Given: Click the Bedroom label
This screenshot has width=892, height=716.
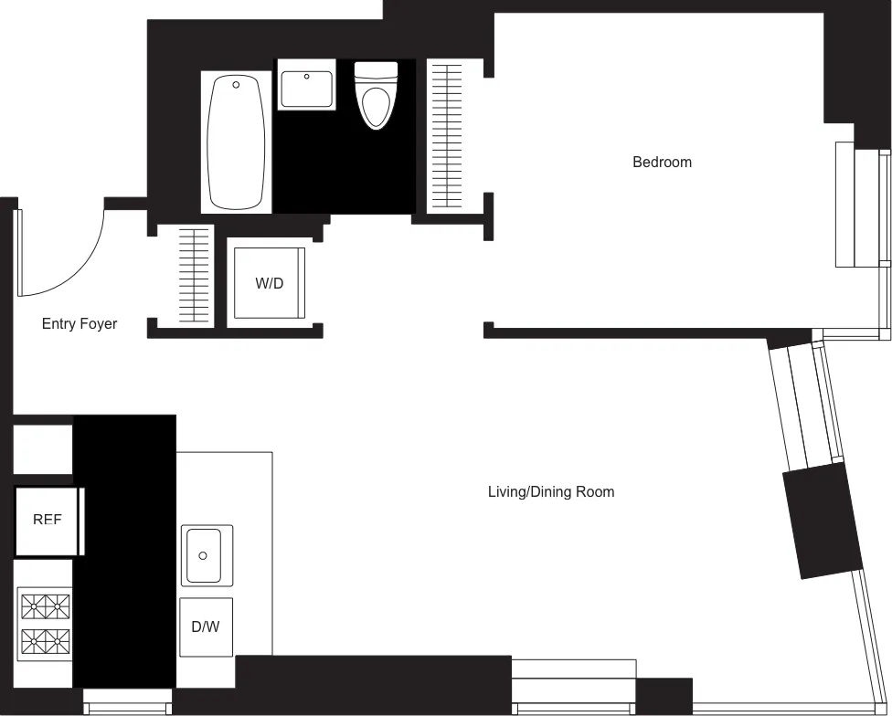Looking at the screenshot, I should coord(662,163).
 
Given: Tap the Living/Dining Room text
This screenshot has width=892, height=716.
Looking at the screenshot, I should coord(550,492).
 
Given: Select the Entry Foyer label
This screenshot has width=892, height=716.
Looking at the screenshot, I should coord(80,324).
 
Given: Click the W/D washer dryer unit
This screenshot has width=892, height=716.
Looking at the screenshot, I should coord(269,283).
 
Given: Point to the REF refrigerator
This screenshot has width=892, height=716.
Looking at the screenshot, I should coord(48,521).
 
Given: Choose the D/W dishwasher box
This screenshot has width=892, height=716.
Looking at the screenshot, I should coord(206,627).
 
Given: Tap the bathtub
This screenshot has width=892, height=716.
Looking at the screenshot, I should coord(237,142).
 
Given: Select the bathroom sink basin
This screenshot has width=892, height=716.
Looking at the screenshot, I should coord(306,89).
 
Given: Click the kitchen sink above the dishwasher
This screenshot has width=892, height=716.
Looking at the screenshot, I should coord(207,555).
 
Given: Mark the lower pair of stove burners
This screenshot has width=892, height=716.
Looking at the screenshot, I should coord(46,640).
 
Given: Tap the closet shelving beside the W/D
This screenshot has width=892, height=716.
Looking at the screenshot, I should coord(194,275).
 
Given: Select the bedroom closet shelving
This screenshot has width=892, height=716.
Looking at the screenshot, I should coord(447,136).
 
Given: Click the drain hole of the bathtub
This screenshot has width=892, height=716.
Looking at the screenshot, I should coord(237,85).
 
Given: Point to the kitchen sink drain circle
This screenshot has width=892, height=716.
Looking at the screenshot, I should coord(204,555).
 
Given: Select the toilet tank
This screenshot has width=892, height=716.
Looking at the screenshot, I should coord(376,71).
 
